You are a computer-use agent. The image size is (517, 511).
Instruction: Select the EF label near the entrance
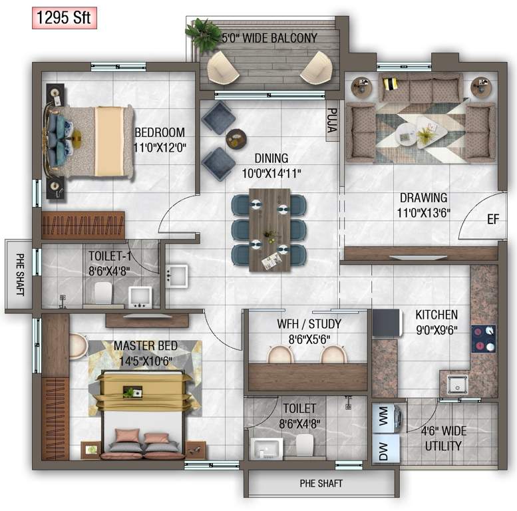(492, 218)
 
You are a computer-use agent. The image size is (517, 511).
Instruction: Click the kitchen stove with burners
(483, 338)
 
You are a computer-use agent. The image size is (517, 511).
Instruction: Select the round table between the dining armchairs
(236, 138)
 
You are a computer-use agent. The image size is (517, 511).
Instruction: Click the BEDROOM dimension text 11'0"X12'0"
(159, 148)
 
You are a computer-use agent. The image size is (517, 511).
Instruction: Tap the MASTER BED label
(145, 346)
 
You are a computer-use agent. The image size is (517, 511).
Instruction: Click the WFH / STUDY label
(309, 324)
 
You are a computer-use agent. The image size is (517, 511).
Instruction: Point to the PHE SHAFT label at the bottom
(321, 484)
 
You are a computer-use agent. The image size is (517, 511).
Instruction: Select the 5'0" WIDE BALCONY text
(269, 38)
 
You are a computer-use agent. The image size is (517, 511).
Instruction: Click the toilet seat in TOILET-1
(102, 291)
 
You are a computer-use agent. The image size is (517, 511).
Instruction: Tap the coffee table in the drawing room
(407, 133)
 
